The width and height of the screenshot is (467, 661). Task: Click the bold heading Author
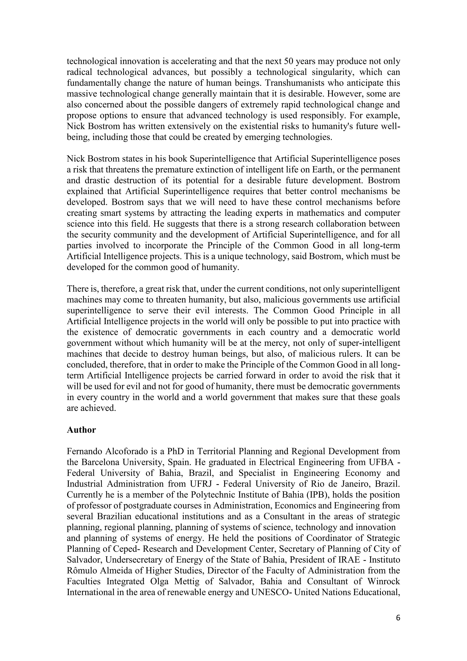coord(81,430)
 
